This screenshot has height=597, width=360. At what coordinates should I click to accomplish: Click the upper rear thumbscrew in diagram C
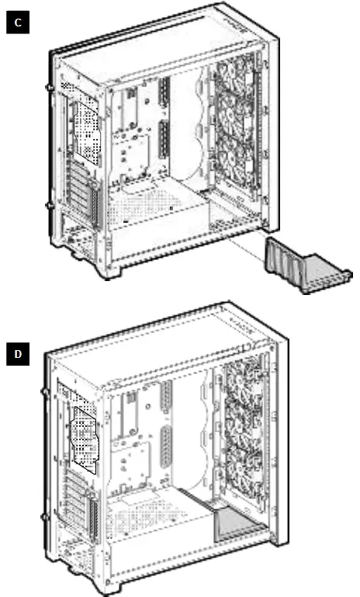pos(51,89)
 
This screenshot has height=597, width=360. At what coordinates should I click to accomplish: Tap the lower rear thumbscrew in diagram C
pos(50,205)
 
